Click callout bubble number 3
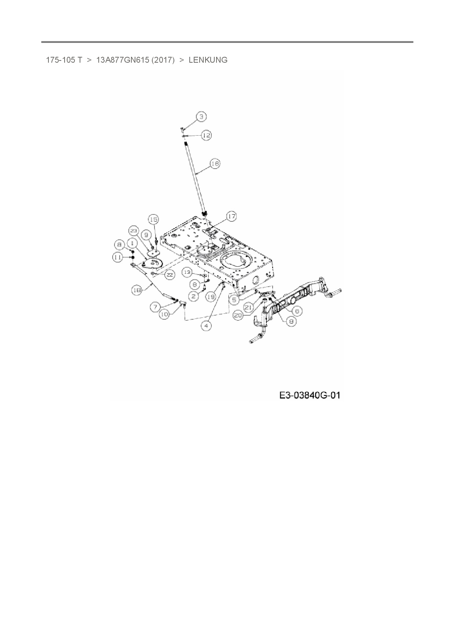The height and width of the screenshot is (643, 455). click(201, 117)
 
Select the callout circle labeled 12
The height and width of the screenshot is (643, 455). click(207, 135)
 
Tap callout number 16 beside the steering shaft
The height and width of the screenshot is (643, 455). click(215, 163)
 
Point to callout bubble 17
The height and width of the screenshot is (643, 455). click(231, 217)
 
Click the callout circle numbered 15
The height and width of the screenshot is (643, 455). click(153, 219)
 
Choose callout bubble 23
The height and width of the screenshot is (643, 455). click(134, 231)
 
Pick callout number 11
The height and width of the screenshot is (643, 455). click(117, 258)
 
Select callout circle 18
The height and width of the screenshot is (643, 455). click(137, 290)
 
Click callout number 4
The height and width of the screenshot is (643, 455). click(207, 326)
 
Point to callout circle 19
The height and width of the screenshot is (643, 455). click(211, 297)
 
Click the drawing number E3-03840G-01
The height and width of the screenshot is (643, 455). click(310, 395)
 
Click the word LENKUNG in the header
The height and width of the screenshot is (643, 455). click(208, 60)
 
